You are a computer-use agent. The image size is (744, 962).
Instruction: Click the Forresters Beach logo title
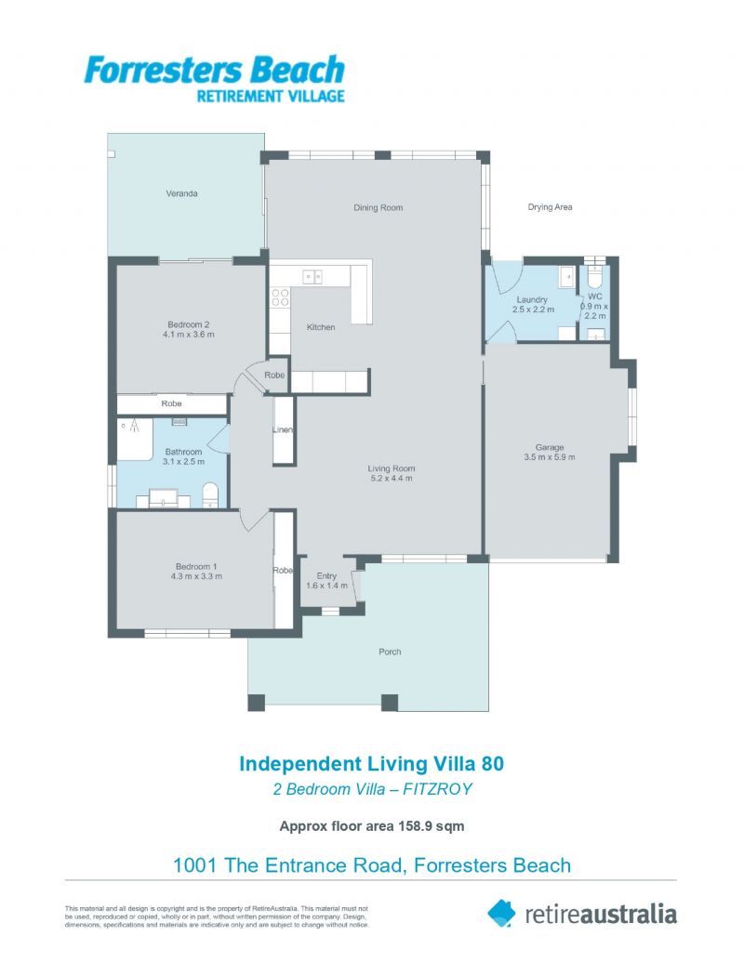coord(214,70)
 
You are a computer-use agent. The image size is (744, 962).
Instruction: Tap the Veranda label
coord(182,193)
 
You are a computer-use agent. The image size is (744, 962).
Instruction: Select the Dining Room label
coord(378,207)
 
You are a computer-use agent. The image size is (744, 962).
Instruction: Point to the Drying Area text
coord(550,207)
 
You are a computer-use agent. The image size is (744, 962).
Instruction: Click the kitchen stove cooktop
coord(280,297)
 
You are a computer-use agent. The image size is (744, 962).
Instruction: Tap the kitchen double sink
coord(312,275)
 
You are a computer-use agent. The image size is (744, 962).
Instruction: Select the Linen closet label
coord(283,430)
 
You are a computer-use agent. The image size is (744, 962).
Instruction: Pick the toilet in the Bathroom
coord(210,493)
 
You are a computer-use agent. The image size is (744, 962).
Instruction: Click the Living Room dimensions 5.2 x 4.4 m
coord(391,479)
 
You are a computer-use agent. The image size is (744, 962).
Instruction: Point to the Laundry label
coord(532,299)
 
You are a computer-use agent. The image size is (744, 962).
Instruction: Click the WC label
coord(595,296)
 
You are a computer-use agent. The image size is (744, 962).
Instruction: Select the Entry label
coord(326,575)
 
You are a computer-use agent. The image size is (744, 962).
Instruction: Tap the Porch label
coord(391,652)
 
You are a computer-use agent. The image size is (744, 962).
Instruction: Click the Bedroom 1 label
coord(196,566)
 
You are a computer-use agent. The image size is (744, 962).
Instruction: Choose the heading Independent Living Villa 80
coord(372,763)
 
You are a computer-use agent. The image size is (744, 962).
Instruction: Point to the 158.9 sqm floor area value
coord(423,824)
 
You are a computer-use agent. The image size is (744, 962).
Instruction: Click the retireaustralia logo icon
coord(501,912)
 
